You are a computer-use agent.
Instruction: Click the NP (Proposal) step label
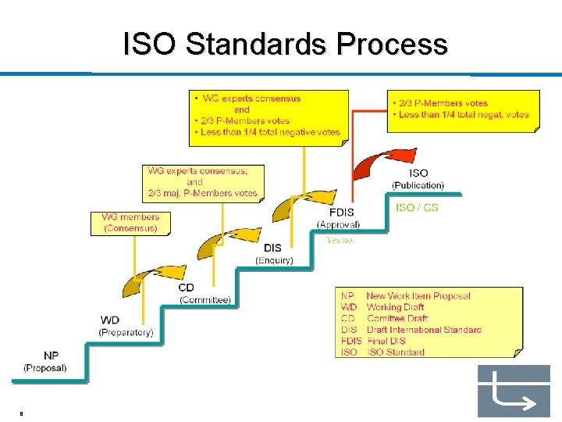pyautogui.click(x=45, y=362)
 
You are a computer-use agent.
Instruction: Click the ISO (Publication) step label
pyautogui.click(x=418, y=179)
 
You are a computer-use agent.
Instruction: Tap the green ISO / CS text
pyautogui.click(x=417, y=208)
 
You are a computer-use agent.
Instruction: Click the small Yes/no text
pyautogui.click(x=340, y=240)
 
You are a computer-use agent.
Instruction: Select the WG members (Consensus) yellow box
pyautogui.click(x=130, y=223)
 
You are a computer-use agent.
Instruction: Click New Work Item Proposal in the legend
pyautogui.click(x=418, y=296)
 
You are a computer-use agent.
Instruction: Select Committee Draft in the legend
pyautogui.click(x=397, y=319)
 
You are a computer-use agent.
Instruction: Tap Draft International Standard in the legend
pyautogui.click(x=424, y=330)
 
